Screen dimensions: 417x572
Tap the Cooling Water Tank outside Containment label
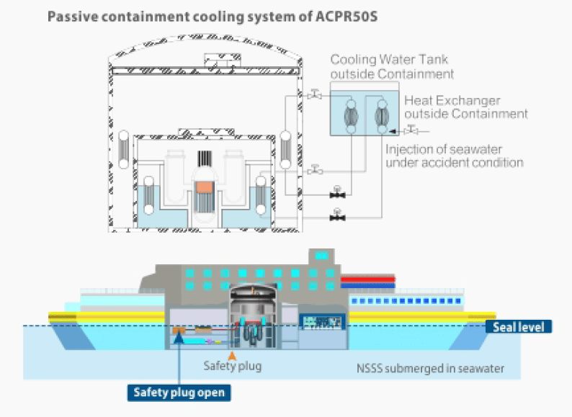click(392, 66)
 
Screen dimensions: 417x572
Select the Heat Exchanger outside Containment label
click(465, 107)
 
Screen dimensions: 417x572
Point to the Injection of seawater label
click(454, 156)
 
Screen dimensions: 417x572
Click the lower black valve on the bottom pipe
click(336, 213)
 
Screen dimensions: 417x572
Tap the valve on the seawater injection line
click(411, 130)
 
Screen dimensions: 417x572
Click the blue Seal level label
click(519, 327)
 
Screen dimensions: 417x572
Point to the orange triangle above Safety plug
click(231, 354)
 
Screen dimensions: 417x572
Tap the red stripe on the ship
click(367, 277)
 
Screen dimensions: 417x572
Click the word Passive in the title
click(75, 16)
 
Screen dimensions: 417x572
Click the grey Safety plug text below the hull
click(232, 367)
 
